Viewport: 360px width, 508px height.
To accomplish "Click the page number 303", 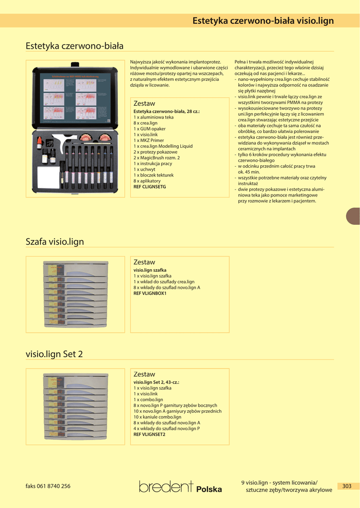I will click(x=347, y=486).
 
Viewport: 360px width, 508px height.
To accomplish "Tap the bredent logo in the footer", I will click(x=166, y=487).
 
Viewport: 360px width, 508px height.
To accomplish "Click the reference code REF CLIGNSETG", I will click(x=149, y=187).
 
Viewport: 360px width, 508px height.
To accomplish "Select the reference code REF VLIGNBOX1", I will click(x=150, y=293).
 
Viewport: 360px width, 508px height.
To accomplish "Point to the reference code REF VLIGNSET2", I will click(x=149, y=434).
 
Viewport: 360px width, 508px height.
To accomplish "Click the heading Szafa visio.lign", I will click(x=55, y=242).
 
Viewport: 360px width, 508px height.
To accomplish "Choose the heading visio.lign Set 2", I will click(x=54, y=354).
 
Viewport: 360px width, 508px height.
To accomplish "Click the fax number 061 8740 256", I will click(x=48, y=486).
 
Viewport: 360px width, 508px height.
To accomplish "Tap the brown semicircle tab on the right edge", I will click(x=354, y=216).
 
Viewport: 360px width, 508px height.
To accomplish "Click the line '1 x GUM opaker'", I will click(x=149, y=128).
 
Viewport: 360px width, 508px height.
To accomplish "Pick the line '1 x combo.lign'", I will click(x=148, y=399).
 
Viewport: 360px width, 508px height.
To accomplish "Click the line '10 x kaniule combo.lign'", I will click(x=157, y=417).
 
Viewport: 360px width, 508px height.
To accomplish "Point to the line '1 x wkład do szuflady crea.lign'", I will click(x=164, y=282).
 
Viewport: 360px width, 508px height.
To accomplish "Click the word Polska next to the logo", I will click(x=209, y=489).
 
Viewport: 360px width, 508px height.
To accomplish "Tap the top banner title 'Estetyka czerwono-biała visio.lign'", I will click(x=263, y=21).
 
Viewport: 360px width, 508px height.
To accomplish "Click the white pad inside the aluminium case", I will click(x=48, y=177).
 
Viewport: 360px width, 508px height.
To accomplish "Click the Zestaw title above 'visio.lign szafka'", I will click(x=144, y=262).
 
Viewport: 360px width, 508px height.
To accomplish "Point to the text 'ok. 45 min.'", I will click(x=251, y=172).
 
